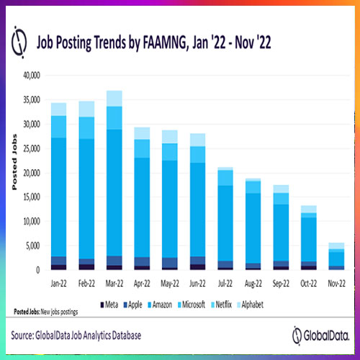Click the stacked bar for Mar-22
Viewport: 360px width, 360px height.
(x=113, y=180)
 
